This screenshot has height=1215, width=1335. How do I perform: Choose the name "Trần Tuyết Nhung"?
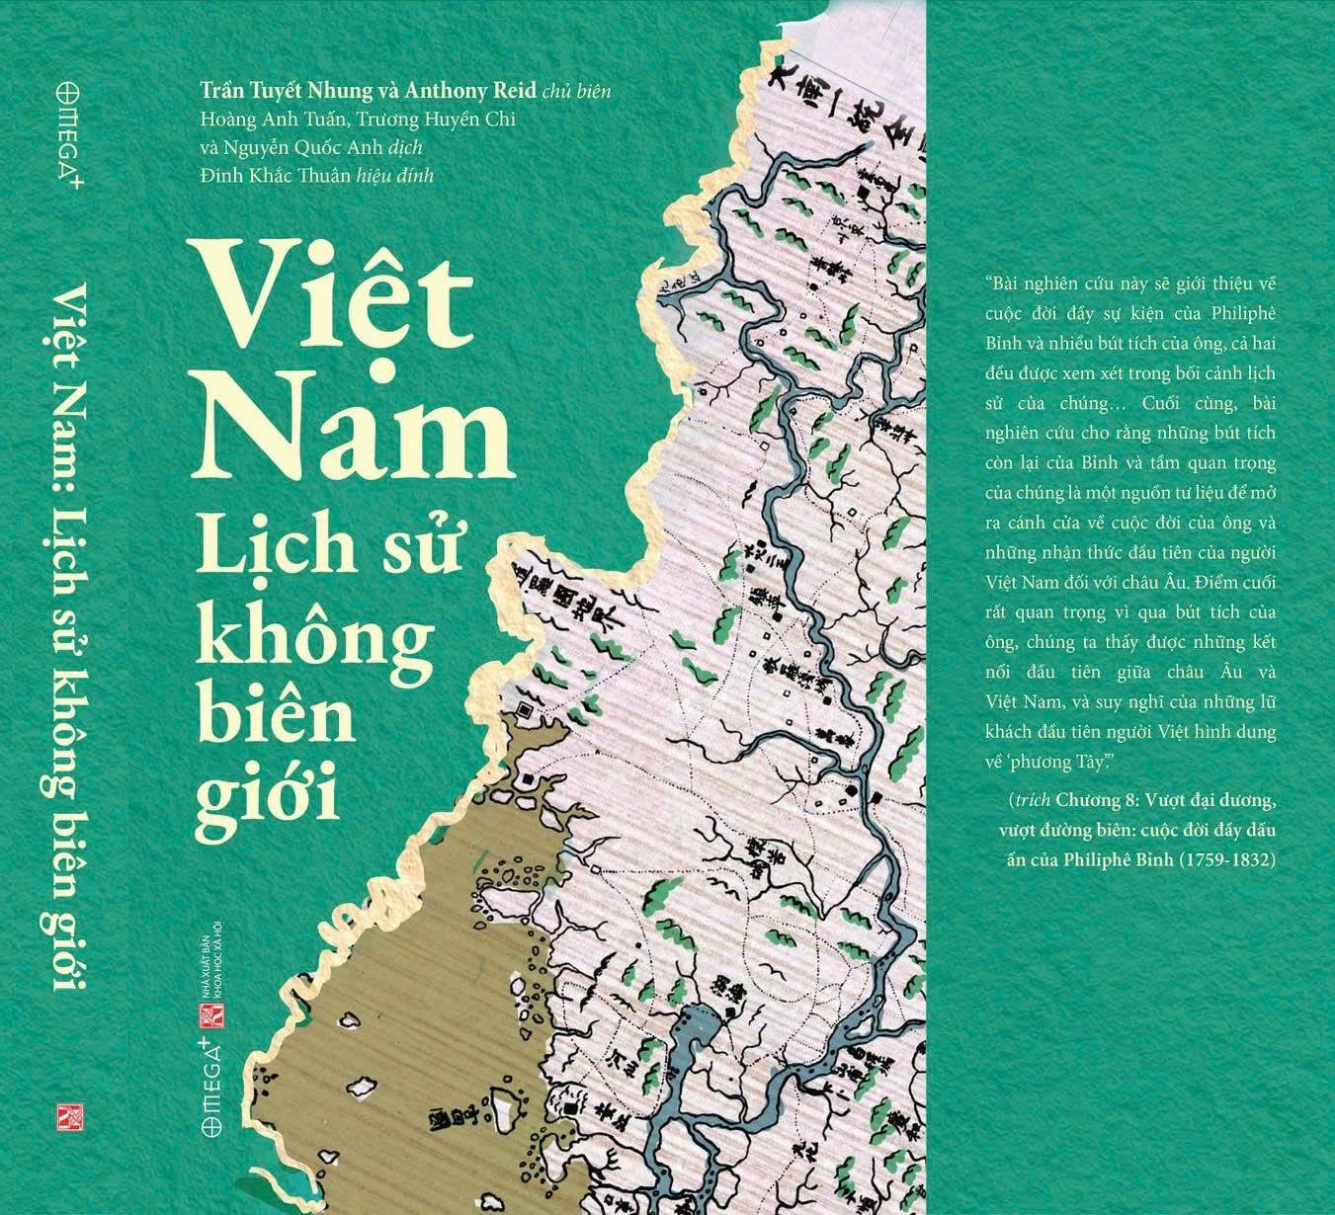tap(287, 91)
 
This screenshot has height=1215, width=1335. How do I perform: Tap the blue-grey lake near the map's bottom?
tap(702, 1037)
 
